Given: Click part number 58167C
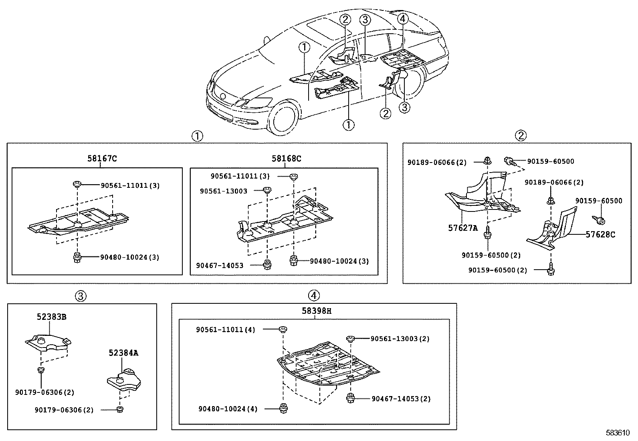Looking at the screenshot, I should (102, 159).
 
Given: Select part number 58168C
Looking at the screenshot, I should (286, 159).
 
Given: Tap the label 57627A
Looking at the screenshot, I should (463, 228).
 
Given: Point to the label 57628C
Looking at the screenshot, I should (600, 235).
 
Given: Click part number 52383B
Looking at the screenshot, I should (51, 317).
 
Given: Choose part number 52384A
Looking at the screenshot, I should (123, 353).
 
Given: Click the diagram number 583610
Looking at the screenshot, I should (618, 433).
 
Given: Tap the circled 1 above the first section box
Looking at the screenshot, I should (197, 136).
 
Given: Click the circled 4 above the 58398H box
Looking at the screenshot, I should (314, 296).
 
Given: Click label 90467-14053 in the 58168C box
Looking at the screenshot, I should (220, 265).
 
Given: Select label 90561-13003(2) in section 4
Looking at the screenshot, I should (400, 339).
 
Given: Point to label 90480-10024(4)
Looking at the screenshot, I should (228, 409).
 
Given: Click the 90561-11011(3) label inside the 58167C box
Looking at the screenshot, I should (130, 186).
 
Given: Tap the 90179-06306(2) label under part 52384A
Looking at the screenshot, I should (64, 410).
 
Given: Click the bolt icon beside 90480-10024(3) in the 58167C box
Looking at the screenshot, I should (76, 257).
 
